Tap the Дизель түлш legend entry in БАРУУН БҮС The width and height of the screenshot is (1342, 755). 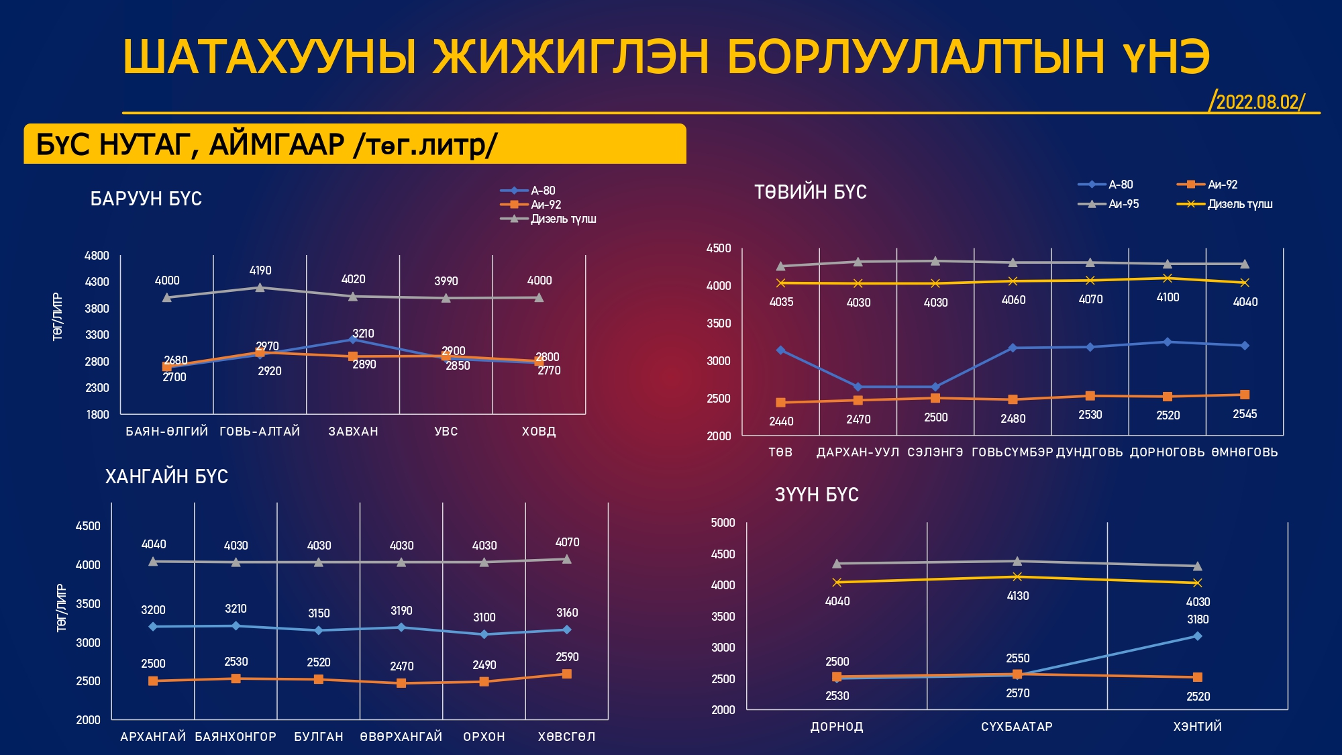(562, 219)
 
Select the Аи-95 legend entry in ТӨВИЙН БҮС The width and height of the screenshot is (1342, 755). (1123, 204)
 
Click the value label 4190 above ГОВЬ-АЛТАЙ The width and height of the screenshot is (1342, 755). (260, 270)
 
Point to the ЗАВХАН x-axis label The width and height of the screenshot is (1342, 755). (353, 432)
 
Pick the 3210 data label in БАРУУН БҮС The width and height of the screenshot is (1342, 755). (363, 334)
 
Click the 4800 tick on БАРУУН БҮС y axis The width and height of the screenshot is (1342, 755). (97, 256)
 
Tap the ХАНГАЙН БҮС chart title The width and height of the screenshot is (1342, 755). (166, 476)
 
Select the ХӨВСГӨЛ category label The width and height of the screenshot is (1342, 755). (566, 737)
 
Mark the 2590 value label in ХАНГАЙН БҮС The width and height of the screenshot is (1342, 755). (567, 657)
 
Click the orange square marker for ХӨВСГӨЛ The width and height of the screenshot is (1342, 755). (567, 674)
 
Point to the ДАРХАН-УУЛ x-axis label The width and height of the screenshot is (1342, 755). (858, 452)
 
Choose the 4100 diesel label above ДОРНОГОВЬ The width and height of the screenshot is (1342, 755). (1168, 297)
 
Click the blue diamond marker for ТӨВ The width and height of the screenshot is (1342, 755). (780, 350)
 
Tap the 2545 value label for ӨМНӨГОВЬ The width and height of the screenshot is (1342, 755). (1245, 414)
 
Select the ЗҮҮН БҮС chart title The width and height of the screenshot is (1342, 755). (817, 495)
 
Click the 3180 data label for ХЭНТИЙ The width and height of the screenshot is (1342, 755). (1198, 619)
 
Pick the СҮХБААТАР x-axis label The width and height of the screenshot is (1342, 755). (1017, 727)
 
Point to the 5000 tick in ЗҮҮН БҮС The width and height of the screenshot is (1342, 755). (723, 523)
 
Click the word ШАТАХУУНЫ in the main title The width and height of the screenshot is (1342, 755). (270, 56)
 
